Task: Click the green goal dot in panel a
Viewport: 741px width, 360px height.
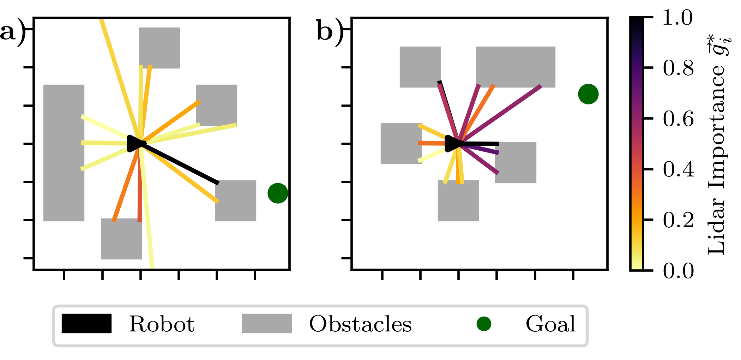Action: [x=278, y=193]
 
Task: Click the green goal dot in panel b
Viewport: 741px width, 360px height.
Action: [x=588, y=94]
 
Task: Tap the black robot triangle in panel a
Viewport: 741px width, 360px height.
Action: [x=134, y=144]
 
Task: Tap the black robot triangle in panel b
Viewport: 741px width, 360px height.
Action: [x=453, y=144]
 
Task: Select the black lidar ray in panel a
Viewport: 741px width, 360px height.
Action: [x=183, y=165]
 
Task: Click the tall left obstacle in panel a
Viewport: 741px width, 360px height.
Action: [x=64, y=153]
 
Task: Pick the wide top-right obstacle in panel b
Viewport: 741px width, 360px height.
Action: [x=516, y=67]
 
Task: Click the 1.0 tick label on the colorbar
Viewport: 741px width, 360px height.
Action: [x=677, y=18]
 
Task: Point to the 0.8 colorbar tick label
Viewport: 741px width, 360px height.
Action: [x=678, y=68]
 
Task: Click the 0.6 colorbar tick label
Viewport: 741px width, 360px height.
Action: [x=678, y=119]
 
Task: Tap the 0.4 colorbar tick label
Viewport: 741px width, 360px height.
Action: [x=678, y=169]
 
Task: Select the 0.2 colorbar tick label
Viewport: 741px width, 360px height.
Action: [x=678, y=220]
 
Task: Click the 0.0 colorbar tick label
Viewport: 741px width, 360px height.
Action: [x=678, y=271]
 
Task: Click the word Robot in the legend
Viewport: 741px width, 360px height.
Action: [x=162, y=324]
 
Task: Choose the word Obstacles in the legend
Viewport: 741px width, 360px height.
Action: [x=360, y=324]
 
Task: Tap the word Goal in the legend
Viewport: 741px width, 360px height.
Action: [x=550, y=324]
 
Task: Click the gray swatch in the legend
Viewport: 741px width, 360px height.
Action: [x=267, y=323]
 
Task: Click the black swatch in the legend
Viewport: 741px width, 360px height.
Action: [x=86, y=323]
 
